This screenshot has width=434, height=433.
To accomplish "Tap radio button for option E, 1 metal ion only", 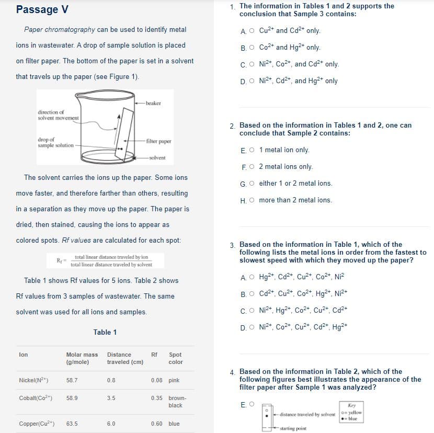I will [252, 150].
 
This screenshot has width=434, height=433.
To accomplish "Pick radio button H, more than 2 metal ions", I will [252, 200].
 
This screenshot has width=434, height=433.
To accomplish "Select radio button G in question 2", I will [252, 184].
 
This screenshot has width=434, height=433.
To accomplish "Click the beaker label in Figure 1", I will [153, 104].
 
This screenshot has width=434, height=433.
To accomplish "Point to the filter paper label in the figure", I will [158, 141].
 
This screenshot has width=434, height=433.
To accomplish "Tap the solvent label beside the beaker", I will [157, 157].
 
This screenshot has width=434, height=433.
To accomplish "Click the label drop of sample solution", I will [55, 142].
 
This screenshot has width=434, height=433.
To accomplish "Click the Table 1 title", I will [105, 332].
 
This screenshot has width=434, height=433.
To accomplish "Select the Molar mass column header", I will [82, 358].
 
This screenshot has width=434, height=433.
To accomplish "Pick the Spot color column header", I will [176, 358].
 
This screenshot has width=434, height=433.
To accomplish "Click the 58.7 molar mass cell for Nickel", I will [72, 381].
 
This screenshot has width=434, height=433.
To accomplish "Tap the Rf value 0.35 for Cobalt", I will [156, 398].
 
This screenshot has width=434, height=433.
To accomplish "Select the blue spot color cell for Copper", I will [174, 424].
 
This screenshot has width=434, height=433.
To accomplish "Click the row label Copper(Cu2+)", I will [37, 424].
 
